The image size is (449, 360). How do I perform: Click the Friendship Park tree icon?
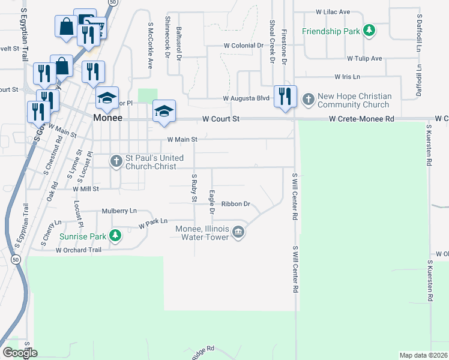point(371,30)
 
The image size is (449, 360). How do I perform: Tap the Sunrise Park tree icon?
point(116,236)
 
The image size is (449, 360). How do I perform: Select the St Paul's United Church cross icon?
point(116,160)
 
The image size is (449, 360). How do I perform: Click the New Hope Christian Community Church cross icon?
point(308,98)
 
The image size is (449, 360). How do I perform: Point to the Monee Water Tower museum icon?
point(238,232)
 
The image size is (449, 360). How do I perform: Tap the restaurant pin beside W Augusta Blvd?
point(285,96)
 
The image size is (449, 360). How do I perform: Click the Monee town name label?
point(108,118)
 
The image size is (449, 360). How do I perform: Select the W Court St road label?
point(221,119)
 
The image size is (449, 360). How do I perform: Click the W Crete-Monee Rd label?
point(361,119)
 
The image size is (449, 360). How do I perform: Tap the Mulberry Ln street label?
point(119,211)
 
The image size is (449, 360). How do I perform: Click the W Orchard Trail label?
point(79,250)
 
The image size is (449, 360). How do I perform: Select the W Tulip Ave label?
point(364,59)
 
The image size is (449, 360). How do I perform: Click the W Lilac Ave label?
point(333,12)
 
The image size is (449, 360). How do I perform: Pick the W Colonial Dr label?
point(243,46)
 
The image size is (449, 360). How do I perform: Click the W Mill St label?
point(85,188)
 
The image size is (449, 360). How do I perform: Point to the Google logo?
point(20,353)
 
